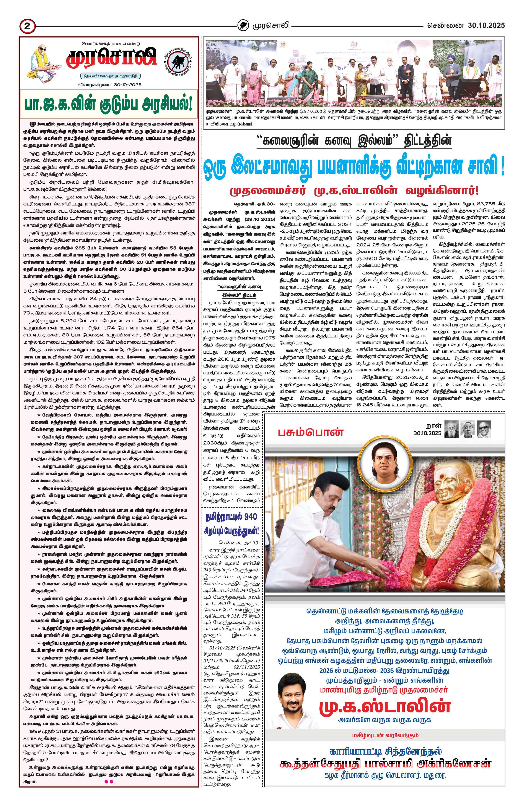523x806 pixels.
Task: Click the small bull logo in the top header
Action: coord(242,25)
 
